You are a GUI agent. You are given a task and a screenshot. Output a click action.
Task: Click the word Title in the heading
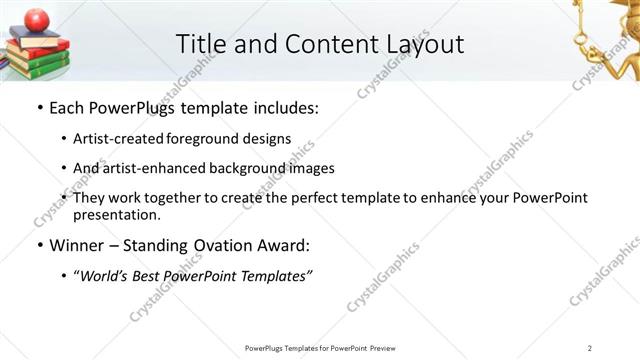coord(200,44)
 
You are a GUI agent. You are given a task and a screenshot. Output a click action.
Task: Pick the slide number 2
coord(590,348)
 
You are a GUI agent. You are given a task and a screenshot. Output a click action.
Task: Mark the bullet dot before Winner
coord(38,245)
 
